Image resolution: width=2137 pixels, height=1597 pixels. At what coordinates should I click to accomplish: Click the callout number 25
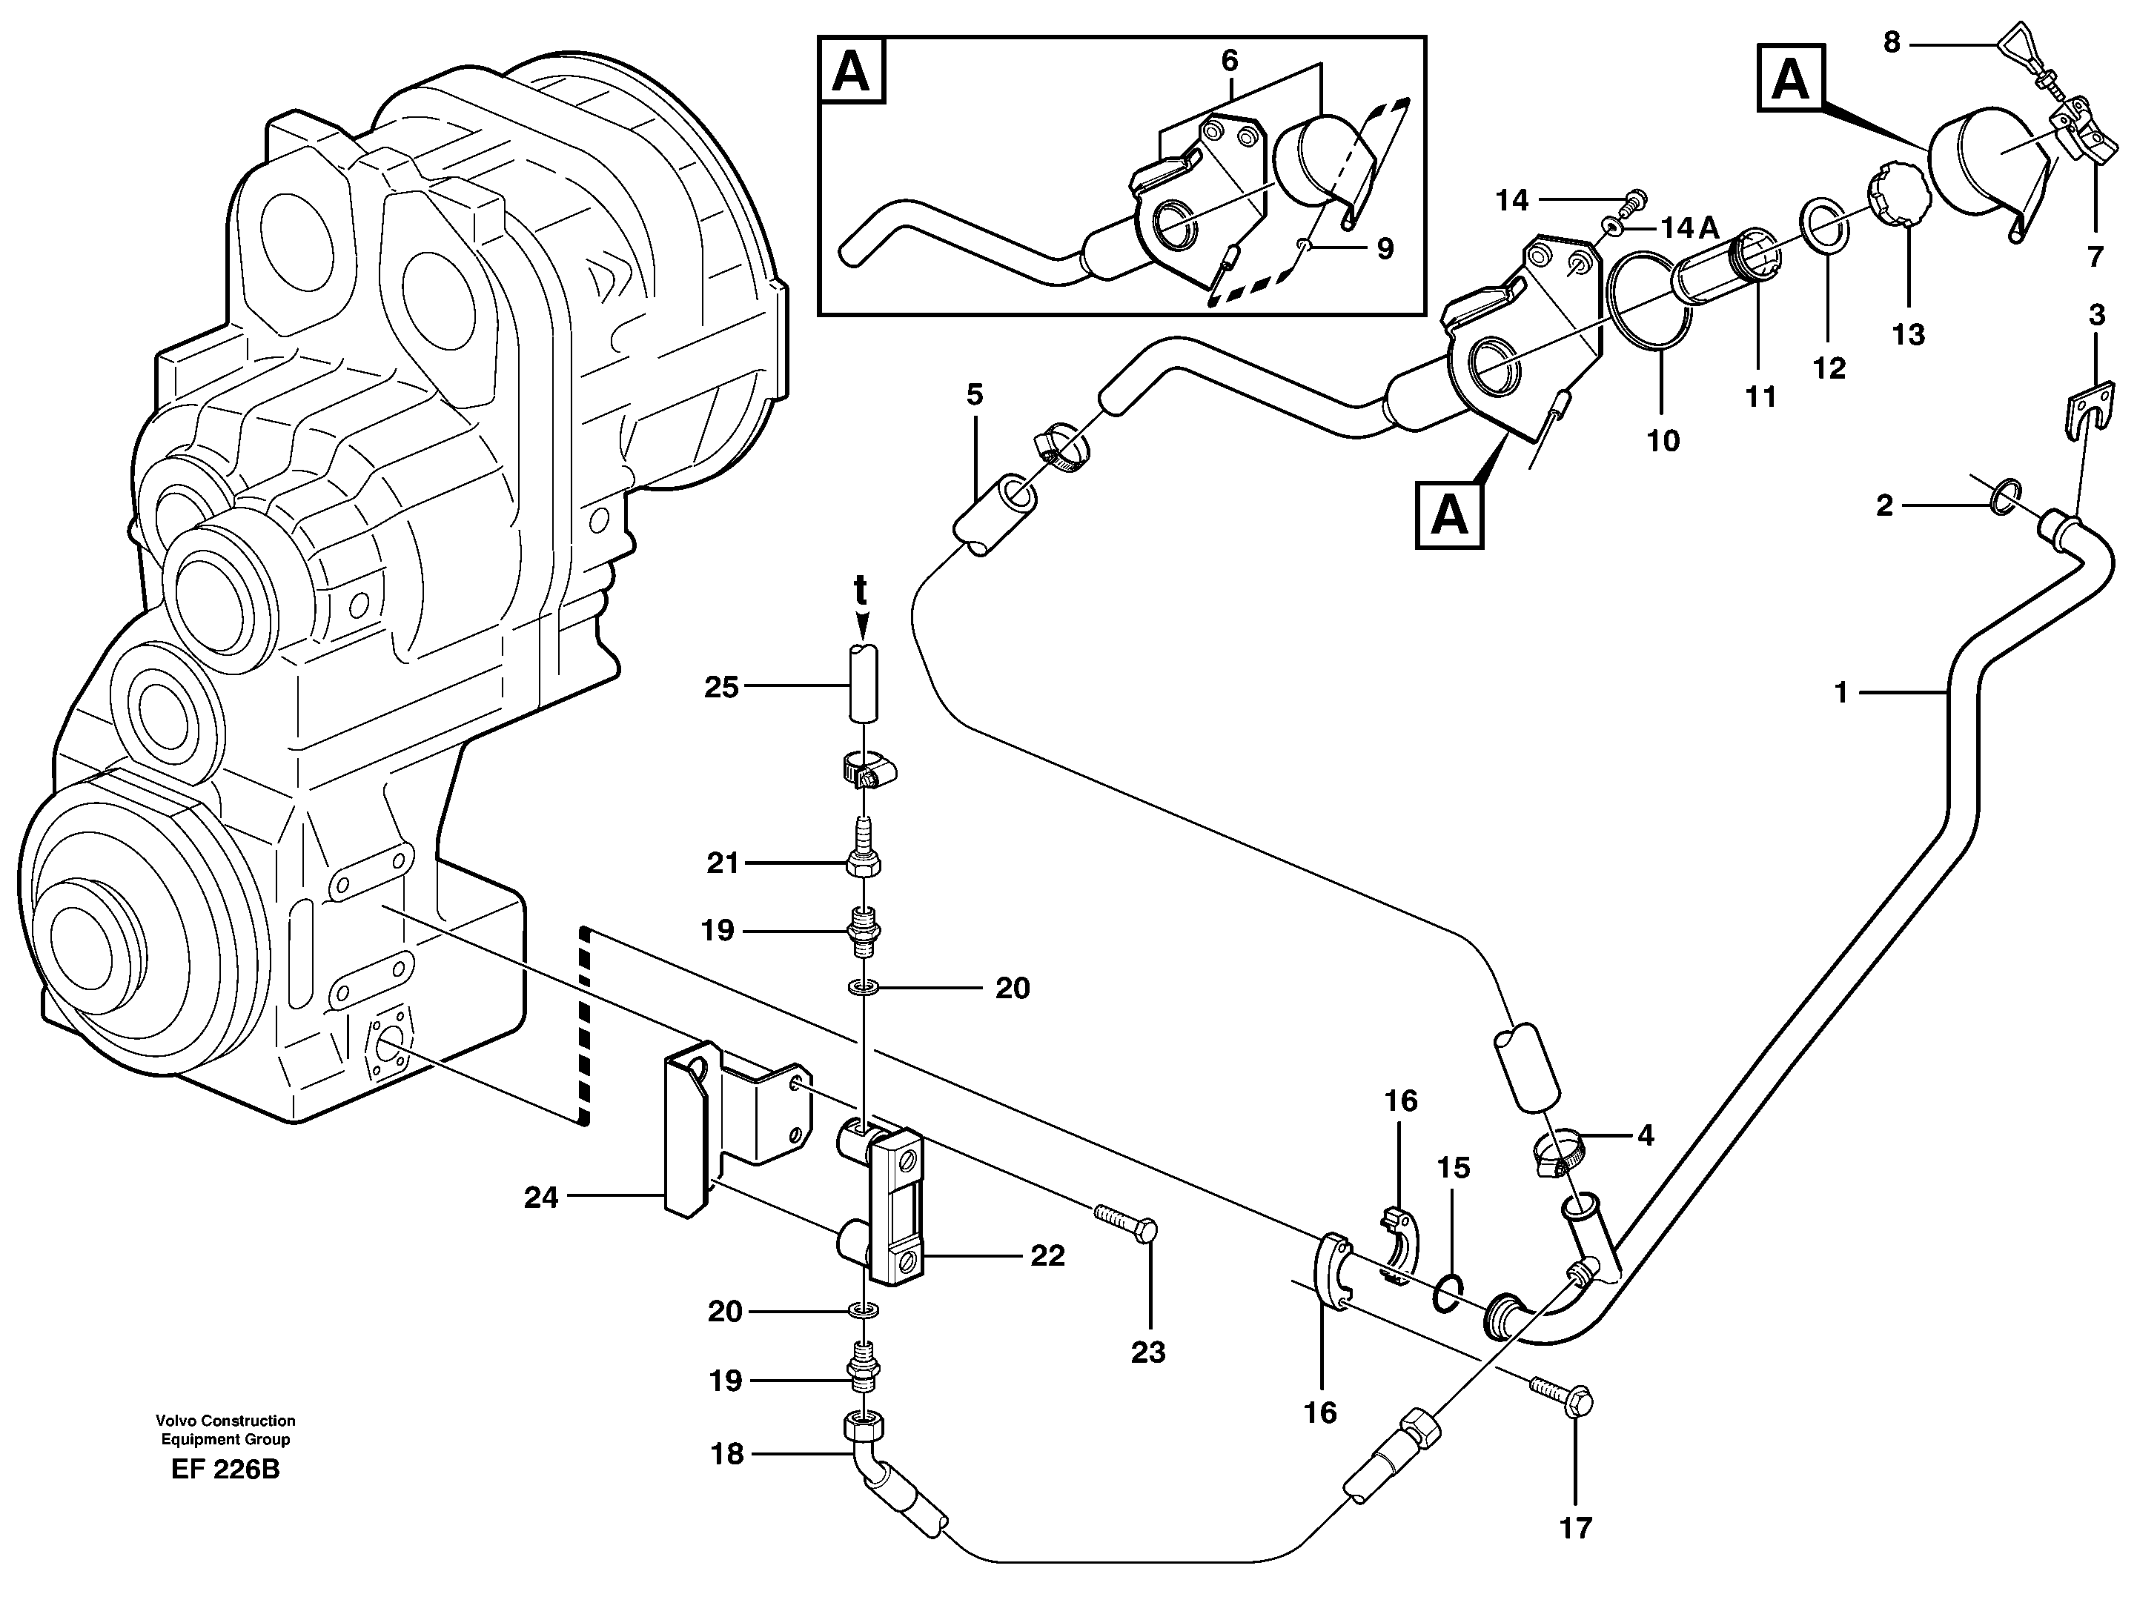point(720,687)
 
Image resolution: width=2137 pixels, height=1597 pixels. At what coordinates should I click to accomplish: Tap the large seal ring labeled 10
point(1650,319)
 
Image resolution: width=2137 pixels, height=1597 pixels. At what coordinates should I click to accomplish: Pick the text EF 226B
point(225,1470)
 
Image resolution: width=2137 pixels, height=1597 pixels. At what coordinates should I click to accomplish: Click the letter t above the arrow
point(860,589)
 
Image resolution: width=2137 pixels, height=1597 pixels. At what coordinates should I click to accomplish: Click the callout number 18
point(726,1453)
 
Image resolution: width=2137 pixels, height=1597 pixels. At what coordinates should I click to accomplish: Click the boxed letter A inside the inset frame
point(850,71)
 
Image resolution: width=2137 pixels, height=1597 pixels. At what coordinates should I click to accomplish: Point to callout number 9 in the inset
point(1385,249)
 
